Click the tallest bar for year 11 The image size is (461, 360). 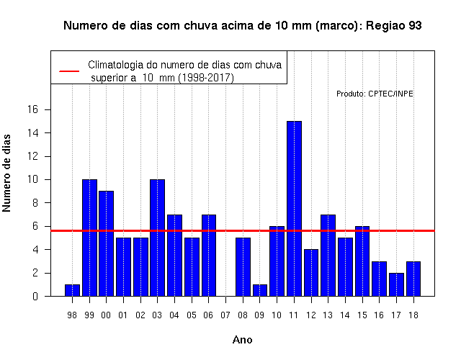point(294,209)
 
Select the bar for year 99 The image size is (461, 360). point(89,238)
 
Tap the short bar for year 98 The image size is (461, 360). point(72,290)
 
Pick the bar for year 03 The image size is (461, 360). point(157,238)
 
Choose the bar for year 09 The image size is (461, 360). point(260,290)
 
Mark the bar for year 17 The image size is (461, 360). point(396,284)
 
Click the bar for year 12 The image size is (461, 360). point(311,273)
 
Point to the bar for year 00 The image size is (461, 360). point(106,243)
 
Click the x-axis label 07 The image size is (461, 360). point(225,315)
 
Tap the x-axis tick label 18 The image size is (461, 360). point(413,315)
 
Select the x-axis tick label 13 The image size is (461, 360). point(328,315)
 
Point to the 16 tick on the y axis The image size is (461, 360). point(33,109)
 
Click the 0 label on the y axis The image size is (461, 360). point(35,296)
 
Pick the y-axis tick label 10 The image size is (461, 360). point(33,179)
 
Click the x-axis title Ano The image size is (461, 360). point(242,340)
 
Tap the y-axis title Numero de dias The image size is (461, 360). point(6,173)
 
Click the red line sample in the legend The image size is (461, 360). point(69,71)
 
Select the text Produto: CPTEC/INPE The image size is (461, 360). point(375,94)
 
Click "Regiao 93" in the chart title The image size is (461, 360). point(394,26)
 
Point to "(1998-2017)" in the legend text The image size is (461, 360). point(206,78)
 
